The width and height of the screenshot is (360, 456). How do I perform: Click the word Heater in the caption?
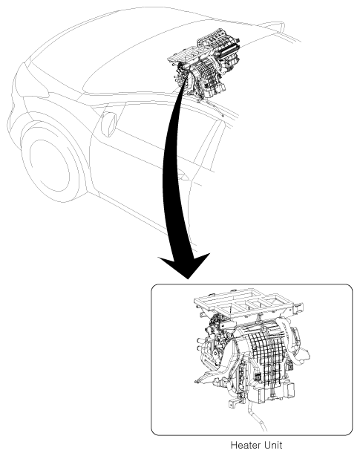pyautogui.click(x=245, y=446)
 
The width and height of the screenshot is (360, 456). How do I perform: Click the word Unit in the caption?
pyautogui.click(x=273, y=446)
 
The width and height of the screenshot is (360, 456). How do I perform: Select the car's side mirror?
pyautogui.click(x=108, y=124)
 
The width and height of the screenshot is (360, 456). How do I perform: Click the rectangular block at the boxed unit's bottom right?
pyautogui.click(x=289, y=391)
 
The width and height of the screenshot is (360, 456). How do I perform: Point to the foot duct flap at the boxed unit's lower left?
pyautogui.click(x=207, y=377)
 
